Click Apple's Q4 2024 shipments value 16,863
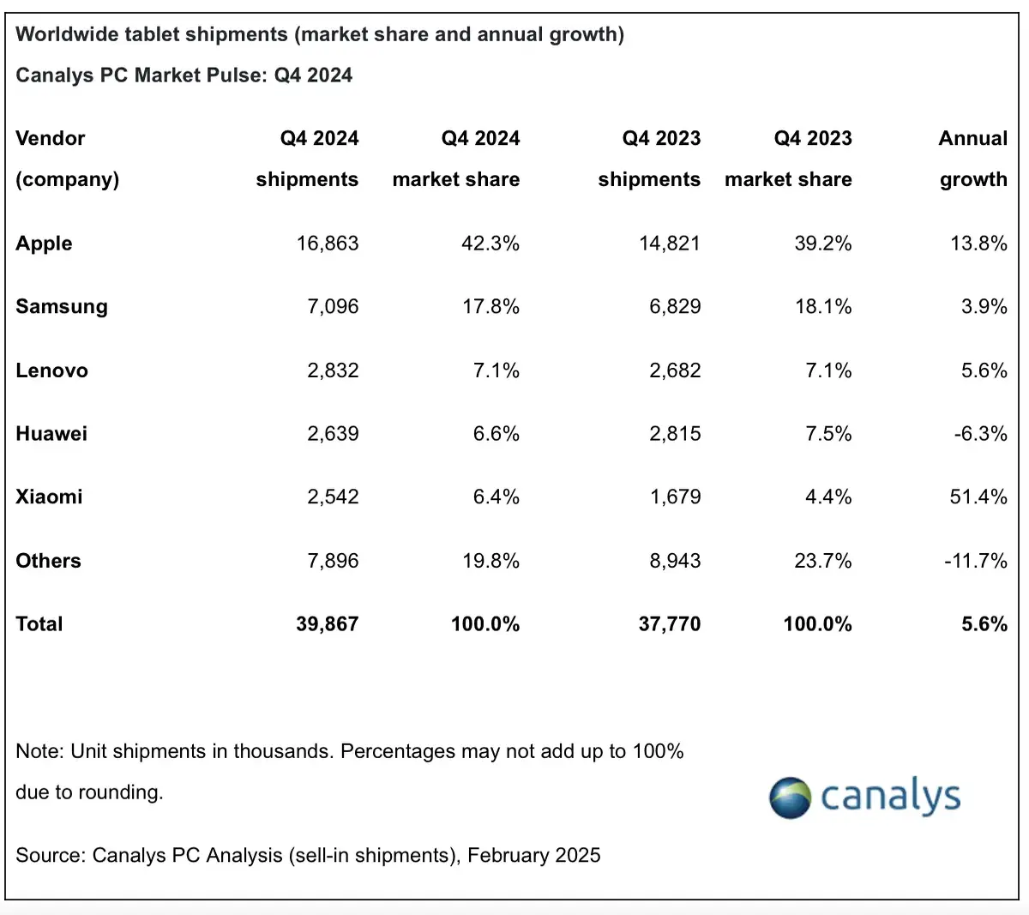328,244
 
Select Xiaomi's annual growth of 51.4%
978,497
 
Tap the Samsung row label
62,307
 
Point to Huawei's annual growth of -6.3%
980,434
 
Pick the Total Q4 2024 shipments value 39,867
327,624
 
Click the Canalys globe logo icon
790,798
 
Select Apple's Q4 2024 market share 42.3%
490,244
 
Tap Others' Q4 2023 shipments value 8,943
675,561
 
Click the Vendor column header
51,139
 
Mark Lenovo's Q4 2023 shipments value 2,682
675,370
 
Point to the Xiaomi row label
49,497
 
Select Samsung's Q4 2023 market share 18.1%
823,307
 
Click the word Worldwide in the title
66,34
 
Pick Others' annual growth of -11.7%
975,561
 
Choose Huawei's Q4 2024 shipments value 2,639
333,434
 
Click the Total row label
39,624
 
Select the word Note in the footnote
39,751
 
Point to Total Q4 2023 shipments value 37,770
669,624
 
